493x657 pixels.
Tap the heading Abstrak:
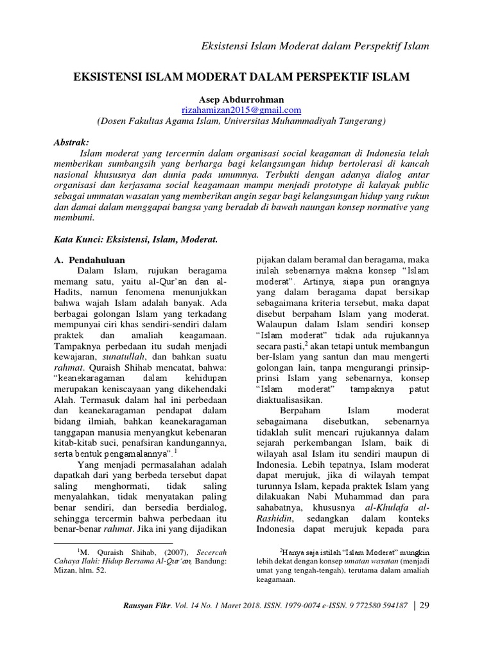(x=71, y=142)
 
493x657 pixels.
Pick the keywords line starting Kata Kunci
(x=135, y=239)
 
